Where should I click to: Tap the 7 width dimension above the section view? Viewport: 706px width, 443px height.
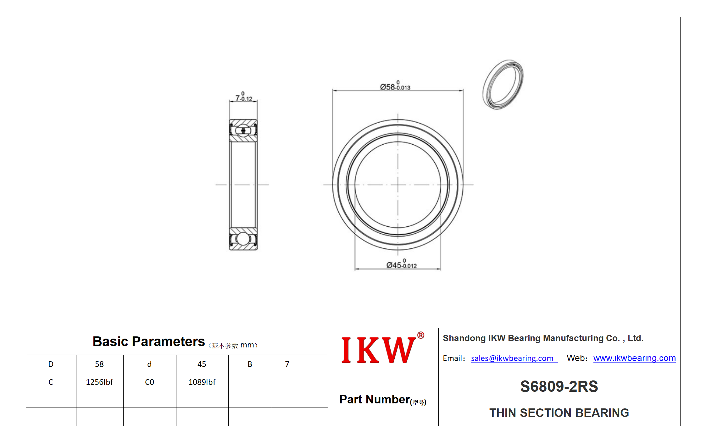tap(244, 97)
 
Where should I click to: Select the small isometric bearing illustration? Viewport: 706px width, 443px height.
tap(503, 85)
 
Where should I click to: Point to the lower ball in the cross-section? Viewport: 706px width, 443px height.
tap(243, 239)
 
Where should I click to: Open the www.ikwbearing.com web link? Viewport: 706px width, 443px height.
tap(634, 358)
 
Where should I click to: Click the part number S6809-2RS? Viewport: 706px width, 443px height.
tap(559, 386)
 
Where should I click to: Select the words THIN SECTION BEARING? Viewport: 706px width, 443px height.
tap(559, 413)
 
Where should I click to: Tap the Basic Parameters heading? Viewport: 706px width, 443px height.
tap(148, 341)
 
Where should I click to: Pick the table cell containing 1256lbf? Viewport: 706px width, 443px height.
tap(100, 382)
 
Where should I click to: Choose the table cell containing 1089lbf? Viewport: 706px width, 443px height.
tap(202, 382)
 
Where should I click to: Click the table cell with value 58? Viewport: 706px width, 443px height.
tap(100, 364)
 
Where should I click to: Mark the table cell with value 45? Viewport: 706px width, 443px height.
tap(202, 364)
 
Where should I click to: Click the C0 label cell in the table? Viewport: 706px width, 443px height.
tap(150, 382)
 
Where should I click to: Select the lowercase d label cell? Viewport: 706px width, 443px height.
tap(150, 364)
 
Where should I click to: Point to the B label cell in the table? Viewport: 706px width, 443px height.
tap(250, 364)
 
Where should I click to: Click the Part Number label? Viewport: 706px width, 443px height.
tap(383, 400)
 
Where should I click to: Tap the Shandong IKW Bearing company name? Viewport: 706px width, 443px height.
tap(543, 338)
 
